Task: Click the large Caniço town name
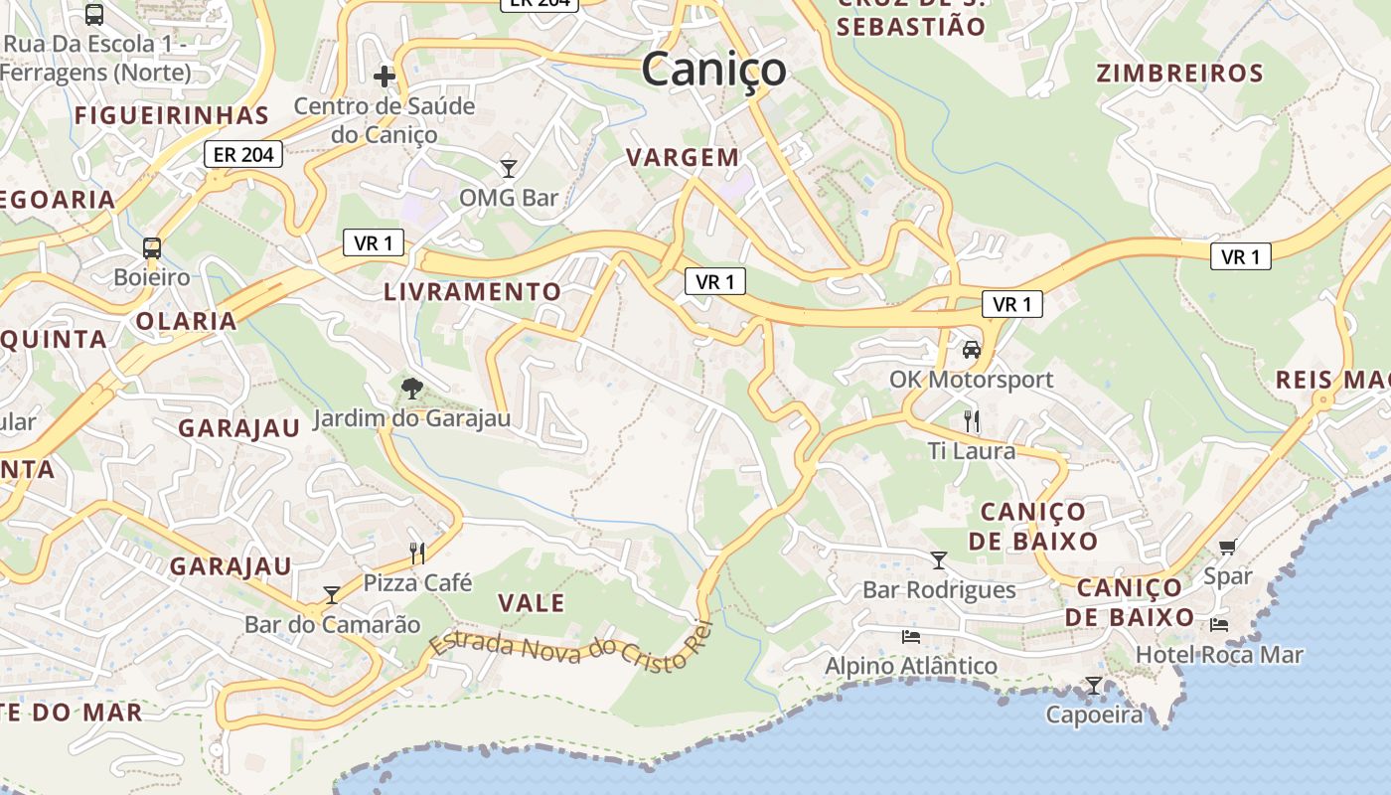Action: (x=713, y=70)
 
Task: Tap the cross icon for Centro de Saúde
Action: (x=385, y=76)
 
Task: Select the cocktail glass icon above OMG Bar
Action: (x=509, y=168)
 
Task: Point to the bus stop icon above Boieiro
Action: (x=152, y=247)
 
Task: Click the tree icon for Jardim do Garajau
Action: (x=411, y=389)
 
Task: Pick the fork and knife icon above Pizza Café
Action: (x=417, y=553)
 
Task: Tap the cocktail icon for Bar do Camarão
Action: (x=332, y=594)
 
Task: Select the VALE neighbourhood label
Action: (x=531, y=603)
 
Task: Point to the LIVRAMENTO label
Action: (x=473, y=291)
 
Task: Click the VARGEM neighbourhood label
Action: (x=684, y=157)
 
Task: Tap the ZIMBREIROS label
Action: (x=1180, y=74)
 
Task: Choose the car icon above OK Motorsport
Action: (x=971, y=350)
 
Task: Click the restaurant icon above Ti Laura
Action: (x=971, y=421)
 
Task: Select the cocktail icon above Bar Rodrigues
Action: (x=939, y=560)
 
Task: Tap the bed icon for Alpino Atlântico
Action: (x=910, y=636)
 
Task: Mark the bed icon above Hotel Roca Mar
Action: (x=1219, y=625)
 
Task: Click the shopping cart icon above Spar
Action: (x=1228, y=547)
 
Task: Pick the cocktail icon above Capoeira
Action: (x=1094, y=686)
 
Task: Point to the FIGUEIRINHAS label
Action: (x=172, y=115)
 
